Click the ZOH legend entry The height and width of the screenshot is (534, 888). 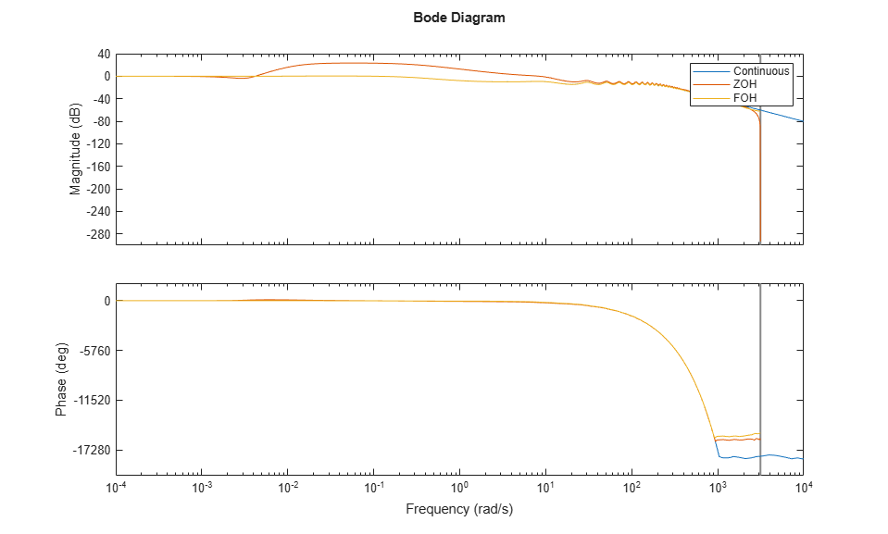point(745,84)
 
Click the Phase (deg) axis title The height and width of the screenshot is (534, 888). point(61,379)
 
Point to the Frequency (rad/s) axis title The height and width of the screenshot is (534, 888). point(459,509)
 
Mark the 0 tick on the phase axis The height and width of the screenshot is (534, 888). point(107,302)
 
